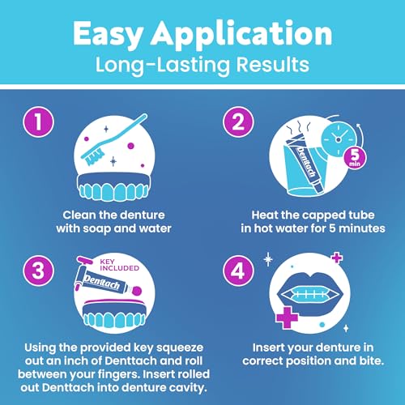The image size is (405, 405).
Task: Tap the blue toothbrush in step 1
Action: [x=113, y=134]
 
